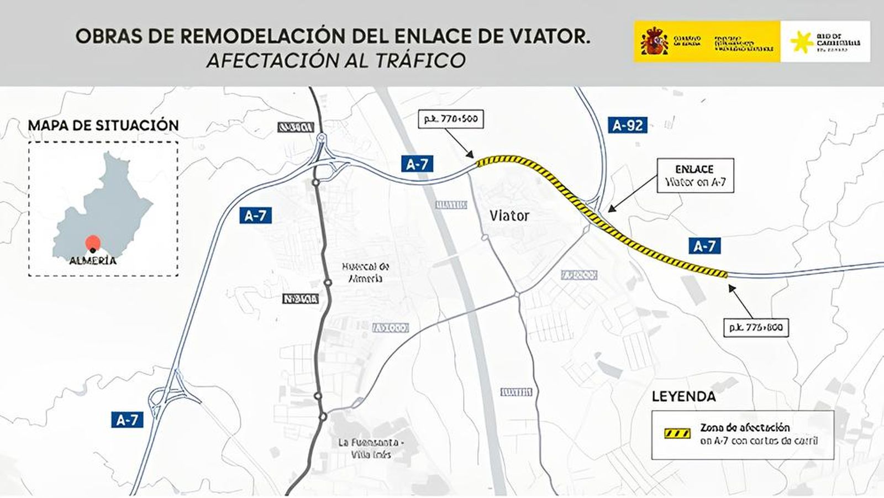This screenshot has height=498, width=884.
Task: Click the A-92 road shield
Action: click(x=628, y=125)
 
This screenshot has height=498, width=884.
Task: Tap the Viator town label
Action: click(x=509, y=216)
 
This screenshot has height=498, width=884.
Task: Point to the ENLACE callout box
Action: click(x=695, y=176)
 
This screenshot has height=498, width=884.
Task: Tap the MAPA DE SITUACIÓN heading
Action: click(x=103, y=125)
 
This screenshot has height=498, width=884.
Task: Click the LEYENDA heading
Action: click(x=683, y=396)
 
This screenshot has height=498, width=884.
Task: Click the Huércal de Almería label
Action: click(x=362, y=272)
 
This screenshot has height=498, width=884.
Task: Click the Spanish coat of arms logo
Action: click(x=654, y=42)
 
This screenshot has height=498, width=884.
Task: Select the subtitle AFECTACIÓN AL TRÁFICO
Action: click(x=335, y=60)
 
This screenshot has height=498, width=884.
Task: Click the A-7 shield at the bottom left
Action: click(x=127, y=420)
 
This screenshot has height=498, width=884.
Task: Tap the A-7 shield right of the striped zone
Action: click(x=704, y=246)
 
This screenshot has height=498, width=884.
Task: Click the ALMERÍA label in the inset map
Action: click(x=93, y=261)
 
